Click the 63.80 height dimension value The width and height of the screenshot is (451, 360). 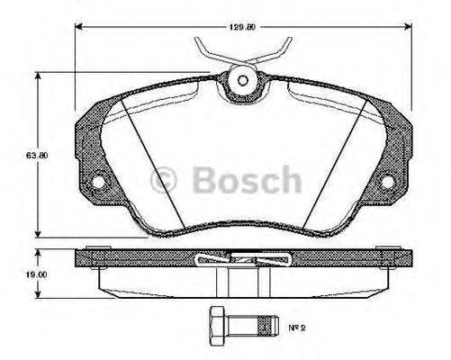pyautogui.click(x=36, y=155)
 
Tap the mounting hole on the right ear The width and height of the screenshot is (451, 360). pyautogui.click(x=387, y=182)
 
